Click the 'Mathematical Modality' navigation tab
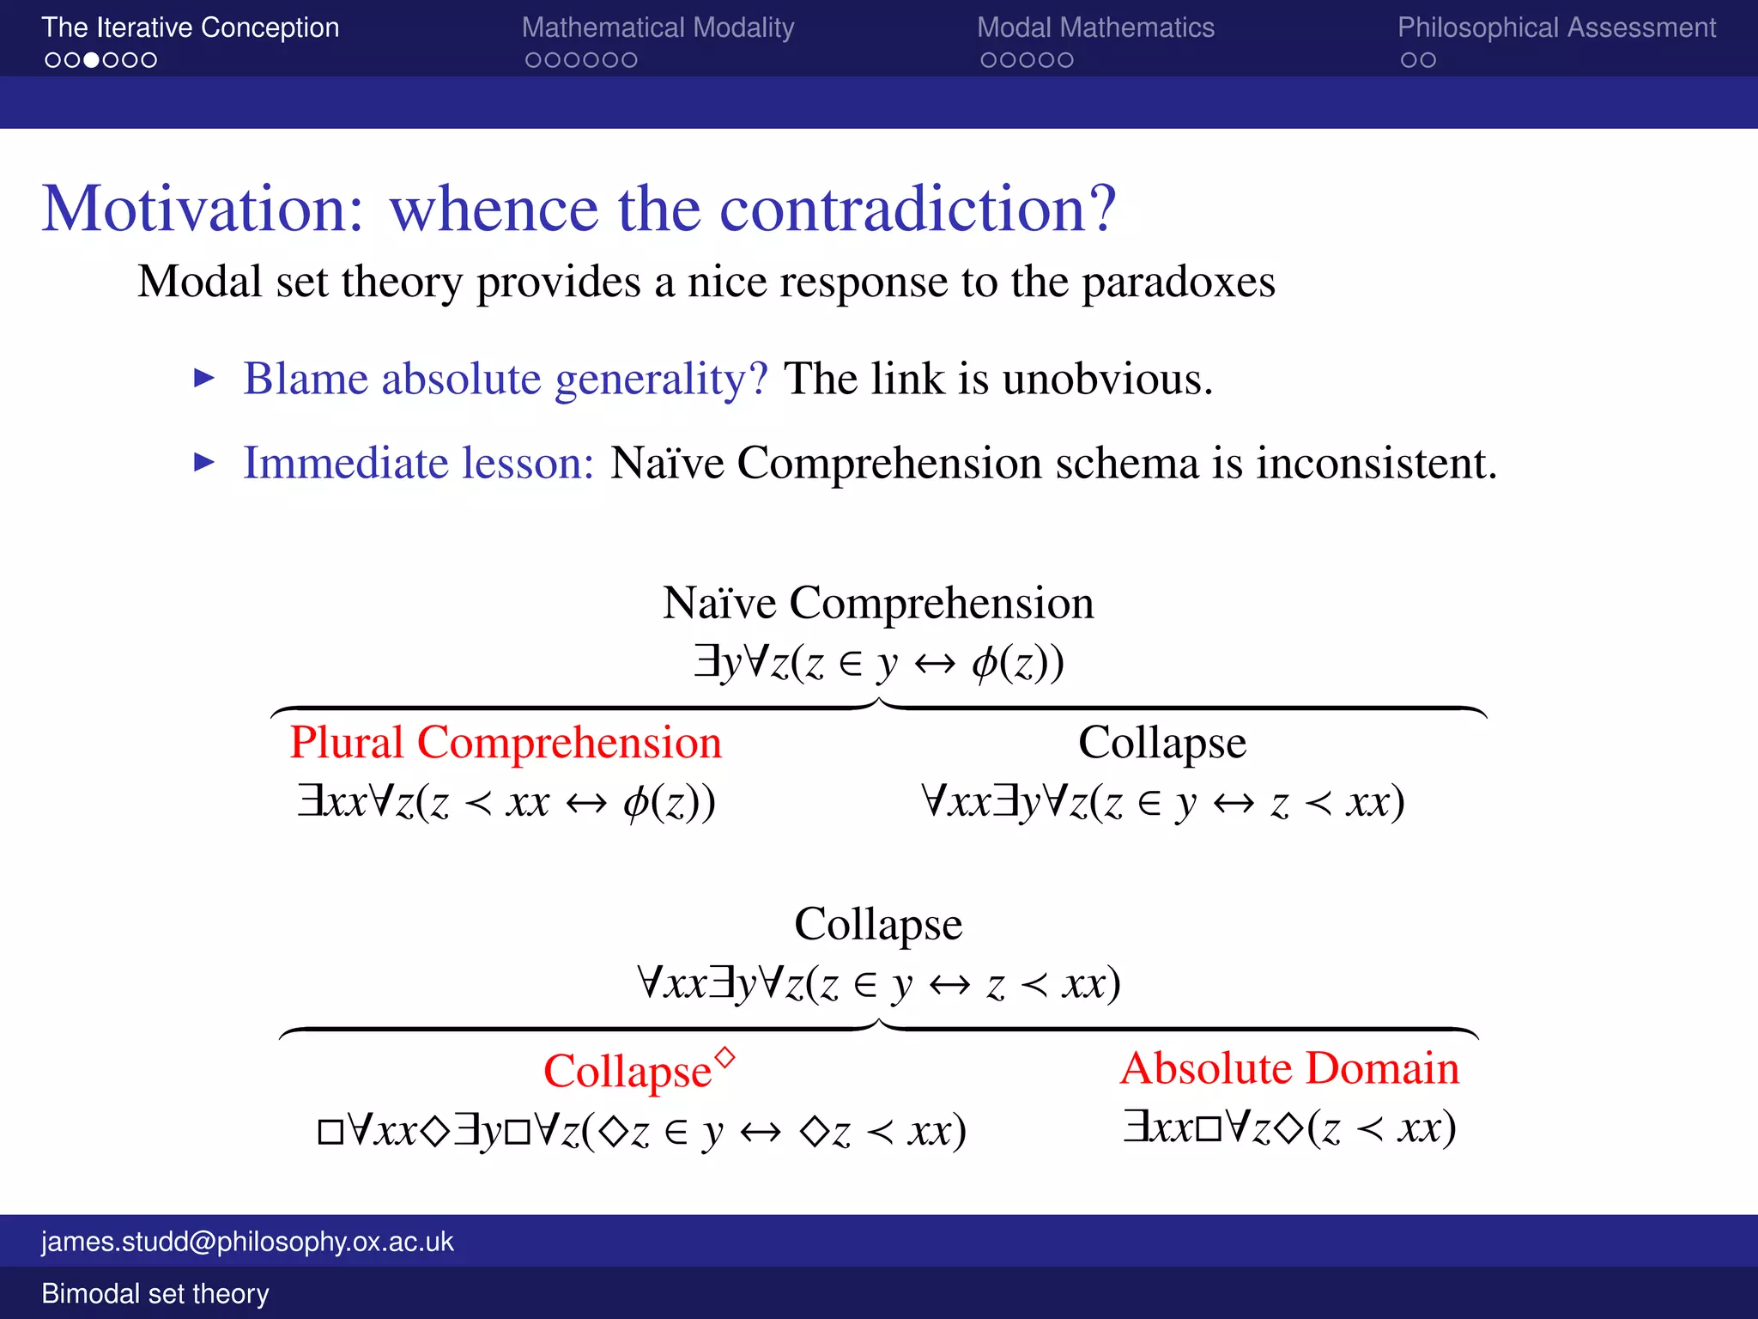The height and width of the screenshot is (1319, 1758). pyautogui.click(x=658, y=27)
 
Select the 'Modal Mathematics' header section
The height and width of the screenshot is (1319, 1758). pyautogui.click(x=1095, y=27)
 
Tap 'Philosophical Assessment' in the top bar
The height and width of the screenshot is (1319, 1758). pyautogui.click(x=1556, y=27)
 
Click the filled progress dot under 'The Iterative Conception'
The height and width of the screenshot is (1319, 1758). pyautogui.click(x=91, y=60)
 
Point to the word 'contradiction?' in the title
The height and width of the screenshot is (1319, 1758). pyautogui.click(x=918, y=209)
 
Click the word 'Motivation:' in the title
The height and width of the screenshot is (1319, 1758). pyautogui.click(x=203, y=209)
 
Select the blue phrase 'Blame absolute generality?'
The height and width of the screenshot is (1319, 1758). pyautogui.click(x=506, y=379)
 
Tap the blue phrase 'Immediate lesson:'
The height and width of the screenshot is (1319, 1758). pyautogui.click(x=419, y=463)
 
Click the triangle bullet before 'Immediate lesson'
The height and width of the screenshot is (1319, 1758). pyautogui.click(x=204, y=463)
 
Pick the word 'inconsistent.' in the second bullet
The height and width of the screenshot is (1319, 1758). pyautogui.click(x=1377, y=463)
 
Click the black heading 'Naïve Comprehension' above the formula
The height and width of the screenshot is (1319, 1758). pyautogui.click(x=878, y=603)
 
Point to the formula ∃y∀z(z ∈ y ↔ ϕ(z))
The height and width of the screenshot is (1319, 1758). pyautogui.click(x=878, y=662)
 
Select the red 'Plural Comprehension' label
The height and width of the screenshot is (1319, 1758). pyautogui.click(x=506, y=743)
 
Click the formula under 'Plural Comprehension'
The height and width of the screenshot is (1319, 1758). pyautogui.click(x=506, y=802)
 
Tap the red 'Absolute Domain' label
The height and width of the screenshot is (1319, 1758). pyautogui.click(x=1289, y=1069)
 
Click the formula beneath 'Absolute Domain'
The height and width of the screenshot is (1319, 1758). pyautogui.click(x=1289, y=1128)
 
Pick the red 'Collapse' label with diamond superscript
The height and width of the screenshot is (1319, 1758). pyautogui.click(x=628, y=1072)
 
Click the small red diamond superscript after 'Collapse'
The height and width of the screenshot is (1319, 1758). pyautogui.click(x=725, y=1057)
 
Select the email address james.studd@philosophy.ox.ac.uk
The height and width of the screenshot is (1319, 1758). pyautogui.click(x=247, y=1242)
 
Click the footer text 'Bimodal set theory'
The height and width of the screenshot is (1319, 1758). pyautogui.click(x=155, y=1293)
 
